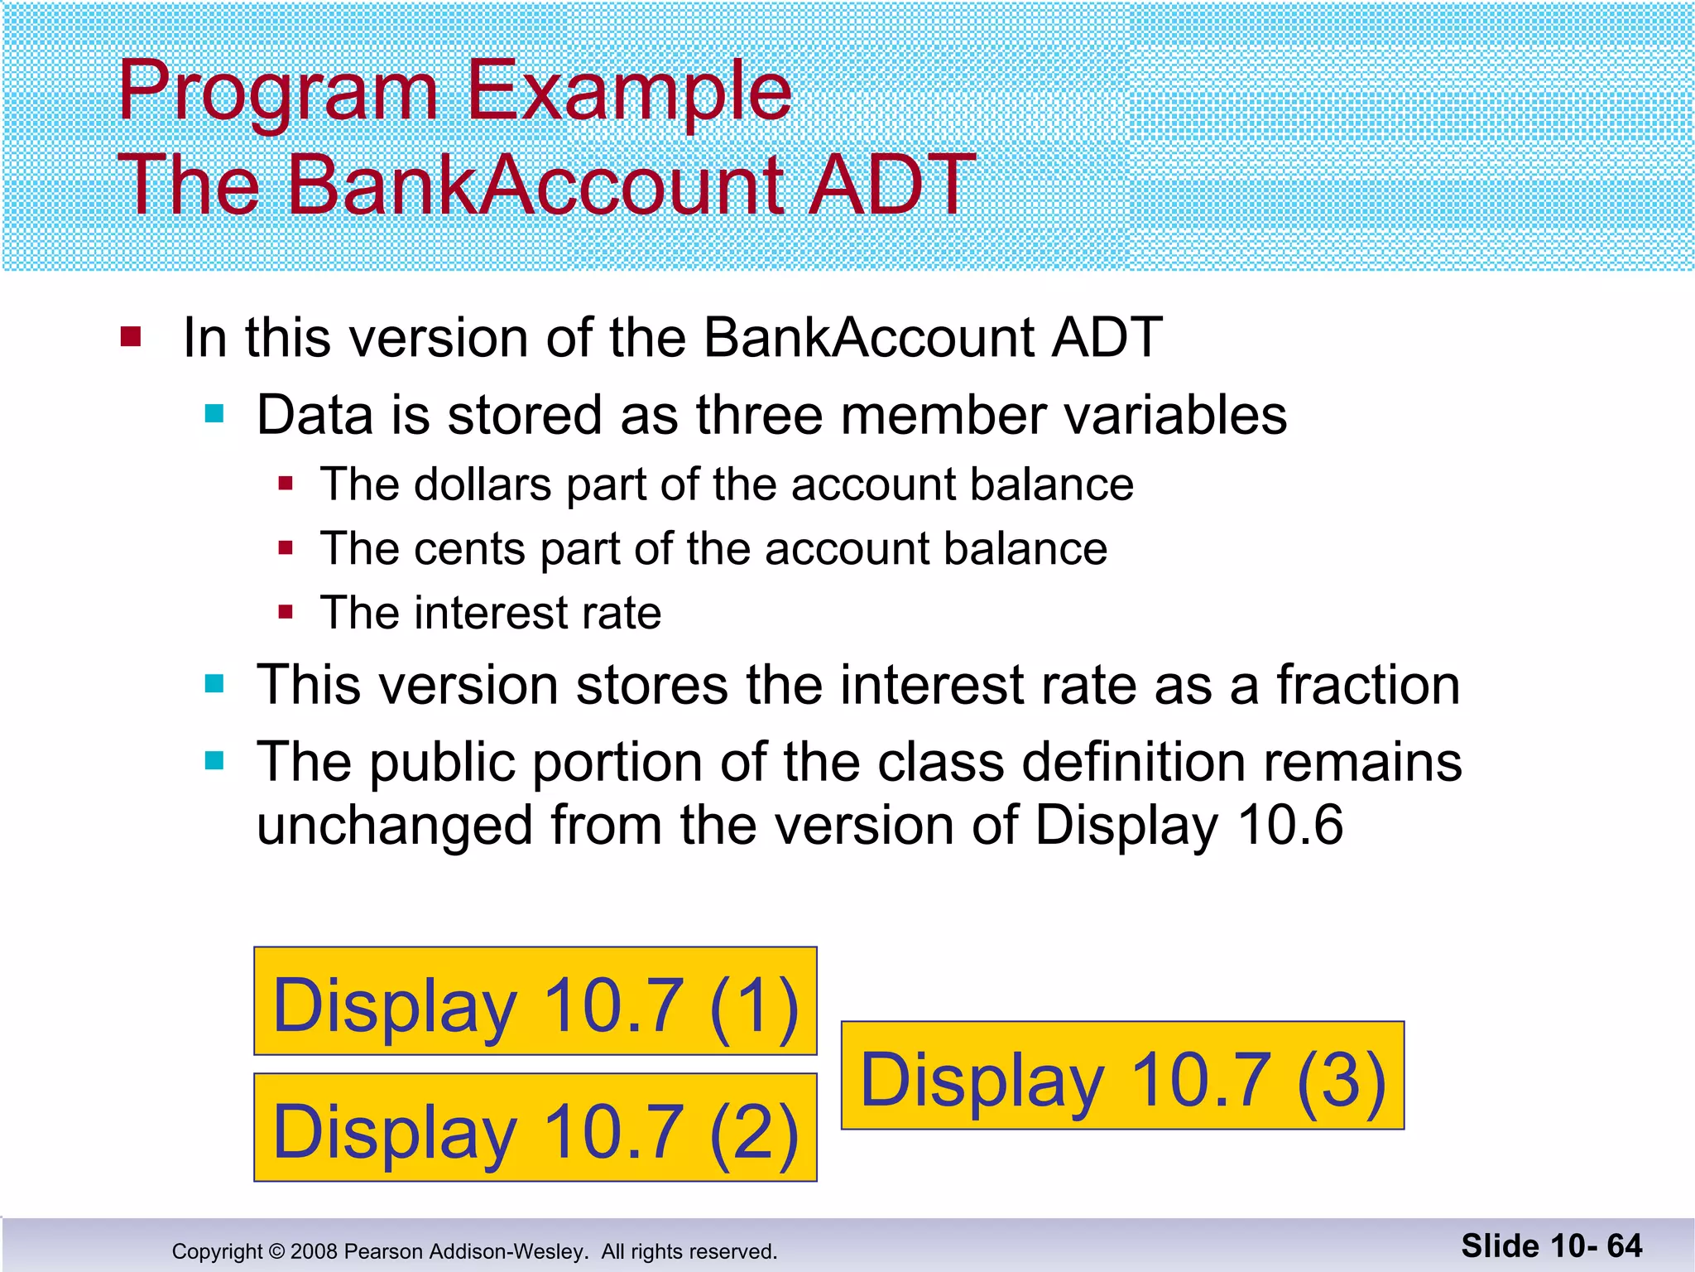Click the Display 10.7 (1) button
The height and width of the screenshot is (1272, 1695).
click(535, 1001)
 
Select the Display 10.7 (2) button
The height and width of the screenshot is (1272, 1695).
click(535, 1128)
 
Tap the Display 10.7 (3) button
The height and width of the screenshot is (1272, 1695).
click(1122, 1076)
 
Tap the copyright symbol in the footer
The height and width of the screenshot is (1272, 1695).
click(276, 1251)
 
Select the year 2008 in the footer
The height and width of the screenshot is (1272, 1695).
click(314, 1251)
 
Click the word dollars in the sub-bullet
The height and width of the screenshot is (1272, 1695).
click(483, 484)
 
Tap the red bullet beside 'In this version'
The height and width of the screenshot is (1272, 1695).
click(131, 337)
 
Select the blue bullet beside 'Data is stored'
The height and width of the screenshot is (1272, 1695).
click(214, 414)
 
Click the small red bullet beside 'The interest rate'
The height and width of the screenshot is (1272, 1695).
click(286, 613)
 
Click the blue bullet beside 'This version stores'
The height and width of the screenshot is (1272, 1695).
click(214, 684)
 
